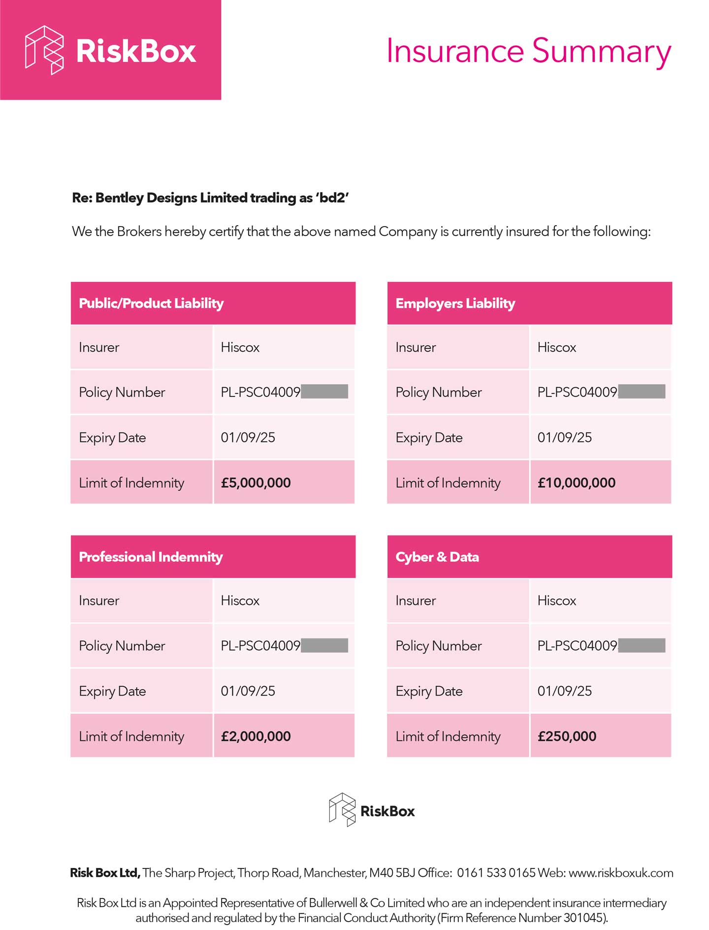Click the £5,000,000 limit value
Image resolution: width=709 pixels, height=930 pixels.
(256, 483)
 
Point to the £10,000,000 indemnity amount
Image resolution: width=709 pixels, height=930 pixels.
(576, 483)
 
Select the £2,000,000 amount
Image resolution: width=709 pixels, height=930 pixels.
(256, 736)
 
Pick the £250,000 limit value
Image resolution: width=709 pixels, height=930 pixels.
(567, 736)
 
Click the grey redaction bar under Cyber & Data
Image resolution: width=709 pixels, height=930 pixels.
(642, 645)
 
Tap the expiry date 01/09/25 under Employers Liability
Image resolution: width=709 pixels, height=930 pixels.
(564, 437)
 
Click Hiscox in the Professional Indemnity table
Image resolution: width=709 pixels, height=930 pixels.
(240, 600)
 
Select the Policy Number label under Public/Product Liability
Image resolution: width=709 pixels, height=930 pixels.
(122, 392)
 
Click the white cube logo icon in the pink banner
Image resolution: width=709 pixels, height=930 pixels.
(44, 50)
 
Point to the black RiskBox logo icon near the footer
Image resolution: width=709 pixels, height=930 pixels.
(342, 809)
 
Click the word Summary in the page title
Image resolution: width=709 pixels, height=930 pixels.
(602, 51)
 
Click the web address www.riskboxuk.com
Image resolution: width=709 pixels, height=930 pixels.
(620, 873)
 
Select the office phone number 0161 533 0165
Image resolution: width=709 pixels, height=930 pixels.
(496, 873)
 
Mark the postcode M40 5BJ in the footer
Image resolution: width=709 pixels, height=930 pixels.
(392, 873)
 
